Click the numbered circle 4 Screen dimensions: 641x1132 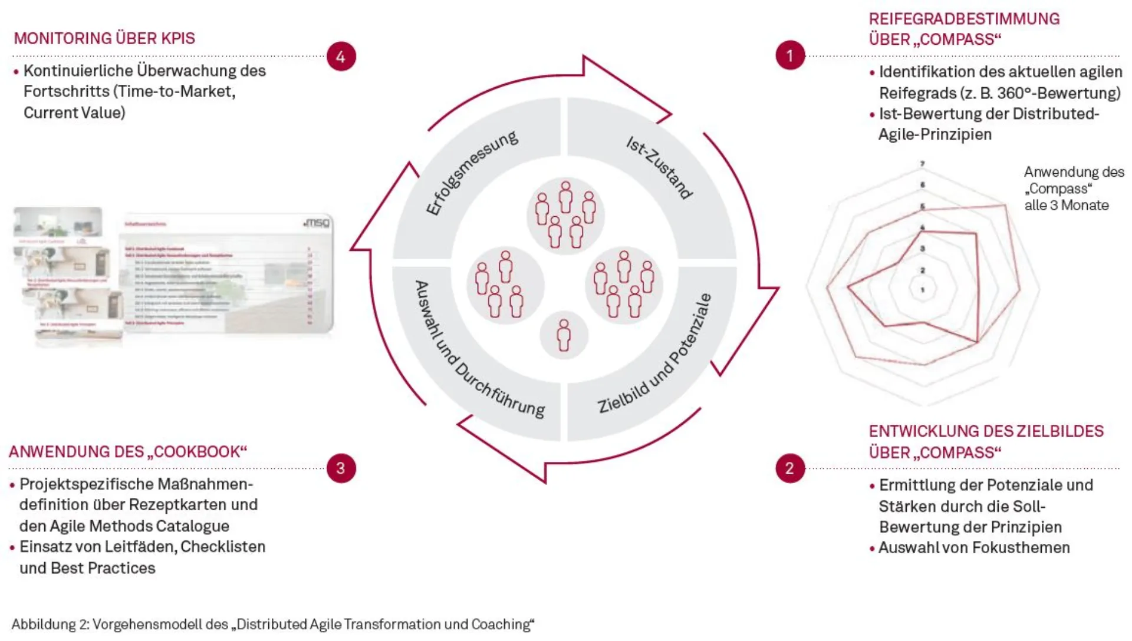tap(341, 57)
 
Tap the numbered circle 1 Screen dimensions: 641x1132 tap(790, 55)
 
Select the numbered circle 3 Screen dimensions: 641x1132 tap(341, 468)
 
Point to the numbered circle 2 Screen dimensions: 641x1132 tap(790, 468)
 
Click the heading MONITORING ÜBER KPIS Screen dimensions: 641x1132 tap(104, 38)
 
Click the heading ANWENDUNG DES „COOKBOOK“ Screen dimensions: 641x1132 tap(127, 452)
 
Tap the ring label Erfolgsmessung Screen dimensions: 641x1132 tap(472, 172)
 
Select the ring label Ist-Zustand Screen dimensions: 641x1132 tap(659, 168)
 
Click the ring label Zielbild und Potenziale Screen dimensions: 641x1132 tap(655, 354)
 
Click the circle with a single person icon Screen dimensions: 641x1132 tap(564, 335)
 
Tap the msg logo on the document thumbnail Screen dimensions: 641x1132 tap(317, 223)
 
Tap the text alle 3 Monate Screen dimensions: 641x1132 tap(1066, 206)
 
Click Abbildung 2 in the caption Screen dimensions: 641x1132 tap(50, 625)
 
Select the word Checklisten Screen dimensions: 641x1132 tap(223, 547)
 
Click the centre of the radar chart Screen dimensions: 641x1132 tap(923, 289)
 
